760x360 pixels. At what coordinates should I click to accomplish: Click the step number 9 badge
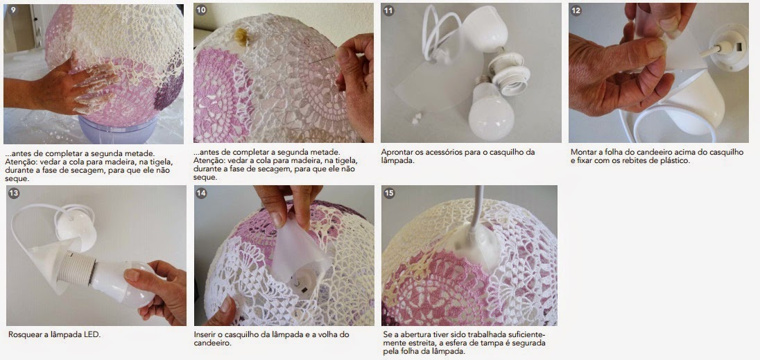[x=13, y=10]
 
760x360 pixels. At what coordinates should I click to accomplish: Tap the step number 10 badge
[x=201, y=10]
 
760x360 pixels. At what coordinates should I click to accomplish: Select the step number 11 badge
[x=388, y=10]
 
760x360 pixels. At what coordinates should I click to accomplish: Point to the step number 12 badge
[x=576, y=10]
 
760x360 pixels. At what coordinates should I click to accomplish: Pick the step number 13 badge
[x=14, y=194]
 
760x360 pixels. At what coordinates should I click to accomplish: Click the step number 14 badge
[x=201, y=194]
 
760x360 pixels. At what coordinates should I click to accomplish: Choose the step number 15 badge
[x=389, y=194]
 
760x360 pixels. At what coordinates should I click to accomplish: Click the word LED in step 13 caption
[x=92, y=334]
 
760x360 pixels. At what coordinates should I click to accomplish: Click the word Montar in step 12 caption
[x=582, y=152]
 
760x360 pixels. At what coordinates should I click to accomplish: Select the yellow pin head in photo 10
[x=241, y=36]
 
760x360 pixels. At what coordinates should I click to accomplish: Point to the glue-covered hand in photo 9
[x=73, y=87]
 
